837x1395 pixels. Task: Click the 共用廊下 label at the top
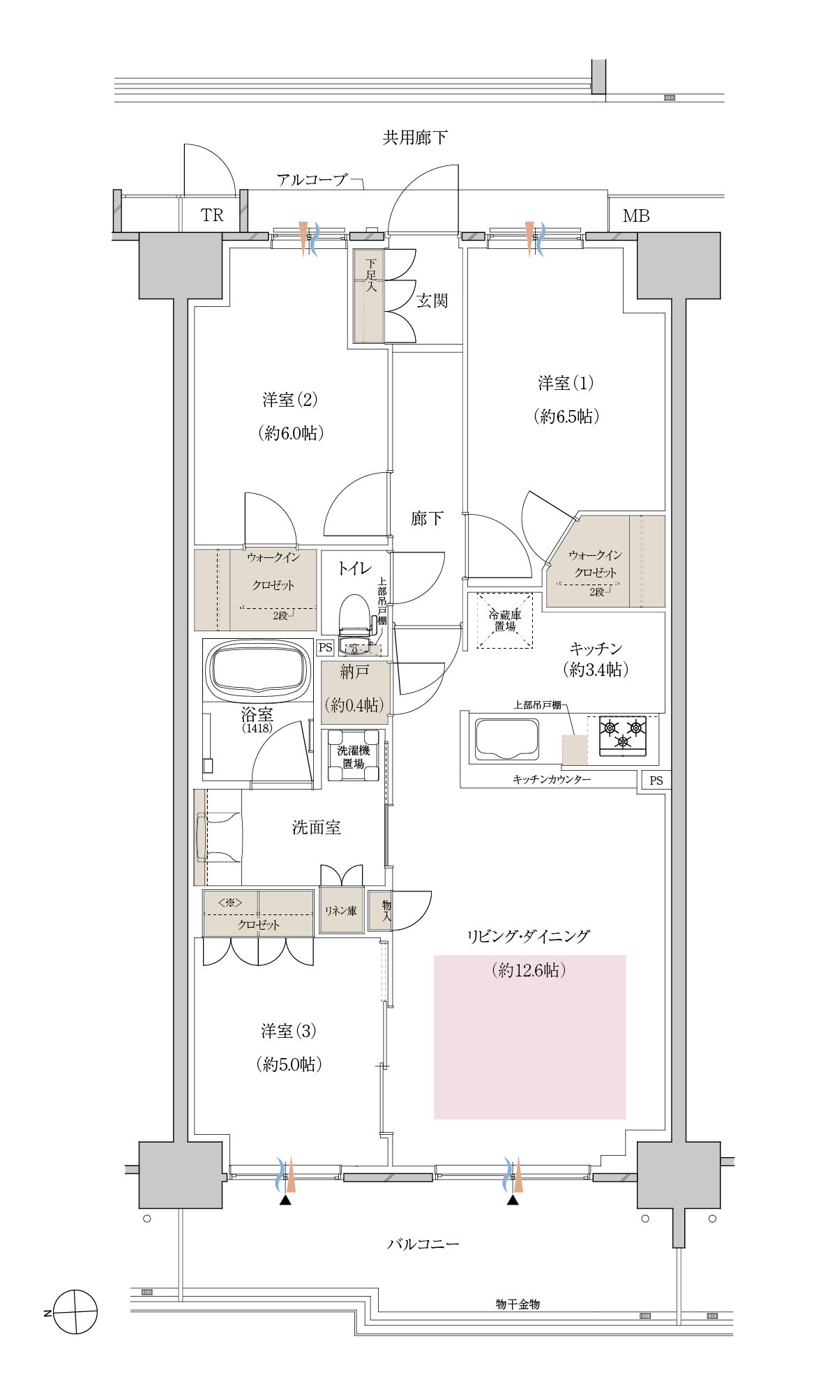click(415, 137)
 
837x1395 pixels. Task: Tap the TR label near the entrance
click(212, 216)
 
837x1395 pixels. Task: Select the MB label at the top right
click(636, 216)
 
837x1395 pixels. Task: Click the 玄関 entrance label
click(432, 301)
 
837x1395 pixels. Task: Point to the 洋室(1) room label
click(566, 383)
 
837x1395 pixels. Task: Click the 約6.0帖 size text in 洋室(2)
click(291, 433)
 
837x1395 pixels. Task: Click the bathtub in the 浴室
click(259, 670)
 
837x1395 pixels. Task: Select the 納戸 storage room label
click(354, 672)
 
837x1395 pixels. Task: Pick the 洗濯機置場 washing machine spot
click(354, 756)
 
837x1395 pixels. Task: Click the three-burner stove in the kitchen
click(623, 736)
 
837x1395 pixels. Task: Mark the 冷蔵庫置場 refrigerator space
click(505, 620)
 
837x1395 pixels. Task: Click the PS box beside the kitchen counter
click(656, 781)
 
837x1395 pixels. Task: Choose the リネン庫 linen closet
click(341, 910)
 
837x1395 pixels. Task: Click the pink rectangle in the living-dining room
click(529, 1037)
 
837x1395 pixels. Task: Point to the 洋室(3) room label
click(289, 1030)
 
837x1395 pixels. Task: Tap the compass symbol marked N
click(75, 1312)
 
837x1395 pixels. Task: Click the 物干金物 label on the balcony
click(518, 1304)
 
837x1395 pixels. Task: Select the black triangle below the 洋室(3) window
click(285, 1200)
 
